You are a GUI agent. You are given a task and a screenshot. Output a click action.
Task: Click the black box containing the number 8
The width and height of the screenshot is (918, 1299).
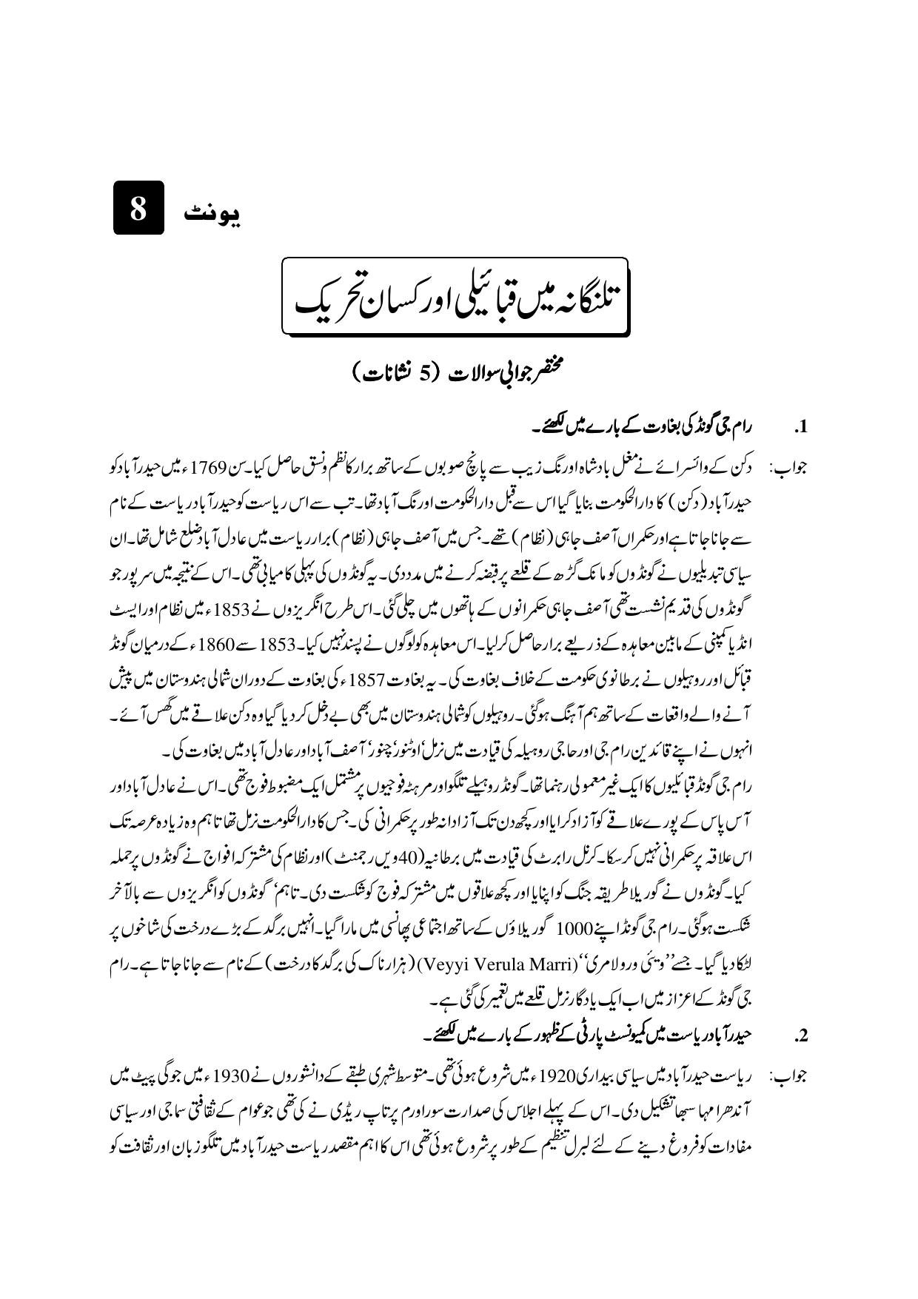click(138, 209)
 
